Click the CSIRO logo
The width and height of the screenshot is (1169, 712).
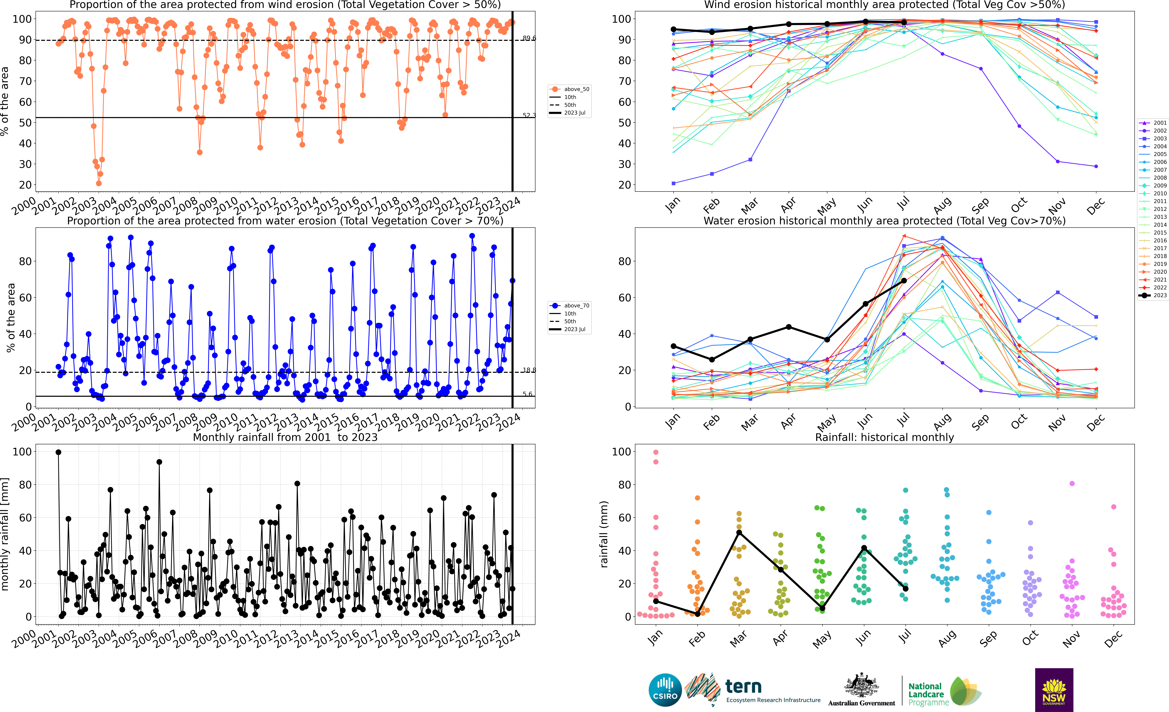point(665,690)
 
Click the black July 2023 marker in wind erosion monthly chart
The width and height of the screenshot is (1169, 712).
point(904,22)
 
